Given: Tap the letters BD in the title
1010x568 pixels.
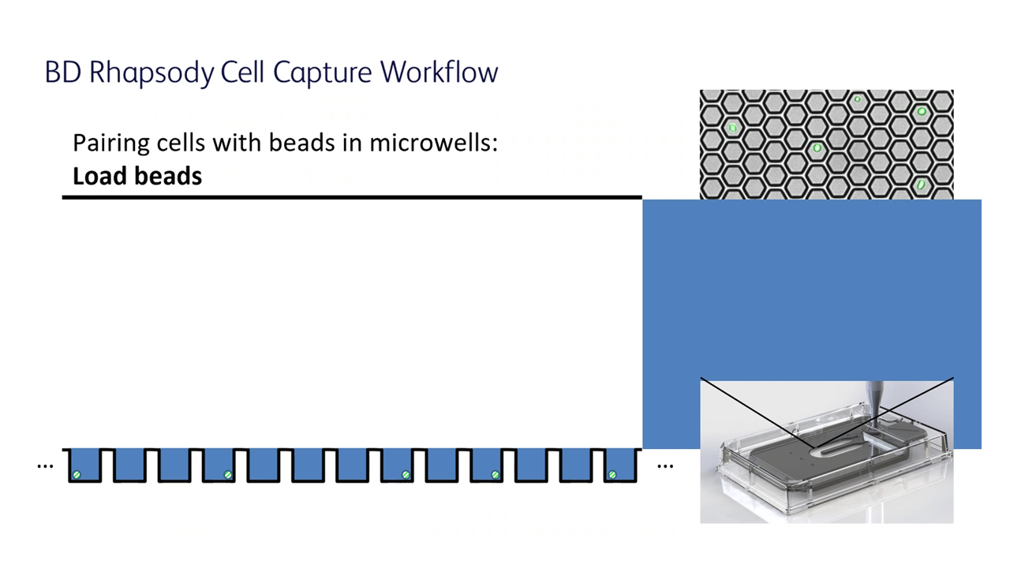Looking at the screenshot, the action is coord(62,72).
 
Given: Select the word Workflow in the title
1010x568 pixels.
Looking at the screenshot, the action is coord(439,71).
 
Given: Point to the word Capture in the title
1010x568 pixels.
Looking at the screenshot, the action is coord(323,73).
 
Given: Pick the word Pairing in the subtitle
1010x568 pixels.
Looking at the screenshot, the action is coord(111,144).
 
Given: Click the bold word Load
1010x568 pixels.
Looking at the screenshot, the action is coord(99,176).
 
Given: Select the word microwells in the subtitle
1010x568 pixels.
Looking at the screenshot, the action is coord(433,143).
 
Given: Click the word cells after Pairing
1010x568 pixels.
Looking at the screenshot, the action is coord(181,143).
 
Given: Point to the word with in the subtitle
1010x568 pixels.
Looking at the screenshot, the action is coord(238,143).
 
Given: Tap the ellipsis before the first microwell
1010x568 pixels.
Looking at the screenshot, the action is coord(45,465).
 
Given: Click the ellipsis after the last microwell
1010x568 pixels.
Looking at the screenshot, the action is coord(665,465).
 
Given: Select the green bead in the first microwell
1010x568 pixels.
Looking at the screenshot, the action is coord(77,475).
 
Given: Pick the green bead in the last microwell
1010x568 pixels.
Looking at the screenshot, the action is coord(612,475).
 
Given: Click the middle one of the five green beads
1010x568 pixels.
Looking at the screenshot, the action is coord(406,475).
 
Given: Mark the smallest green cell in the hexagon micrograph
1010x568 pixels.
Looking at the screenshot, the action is coord(857,99).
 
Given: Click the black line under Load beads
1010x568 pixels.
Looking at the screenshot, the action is coord(352,197).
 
